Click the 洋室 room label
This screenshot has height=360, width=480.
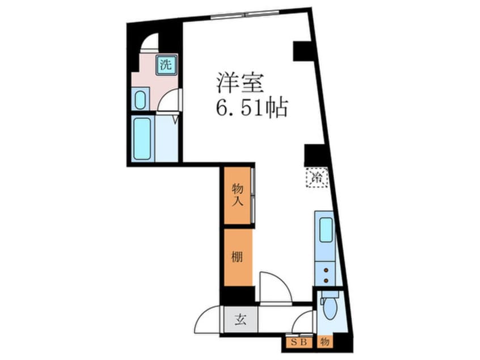coord(239,83)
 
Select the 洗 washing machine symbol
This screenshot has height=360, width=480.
coord(166,64)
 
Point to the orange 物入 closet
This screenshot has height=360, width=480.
coord(237,194)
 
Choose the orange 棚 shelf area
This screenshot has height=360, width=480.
coord(237,257)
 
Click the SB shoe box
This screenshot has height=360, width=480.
coord(297,342)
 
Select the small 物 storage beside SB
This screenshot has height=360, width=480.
coord(325,342)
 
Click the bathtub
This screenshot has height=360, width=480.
coord(142,139)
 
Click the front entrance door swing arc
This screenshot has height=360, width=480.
coord(208,321)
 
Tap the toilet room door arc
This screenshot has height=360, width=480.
coord(305,323)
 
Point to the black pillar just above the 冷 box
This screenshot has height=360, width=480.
coord(314,155)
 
